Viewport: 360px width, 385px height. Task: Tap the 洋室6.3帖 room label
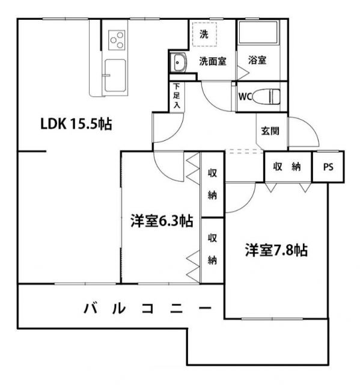coord(162,221)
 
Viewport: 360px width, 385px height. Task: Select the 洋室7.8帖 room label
coord(276,250)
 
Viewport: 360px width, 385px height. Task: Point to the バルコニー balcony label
coord(147,309)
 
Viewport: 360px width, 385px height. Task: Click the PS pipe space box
coord(328,167)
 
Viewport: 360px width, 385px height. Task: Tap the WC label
coord(245,96)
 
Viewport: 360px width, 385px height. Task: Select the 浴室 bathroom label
coord(257,60)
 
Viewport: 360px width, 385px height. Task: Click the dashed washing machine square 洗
coord(204,34)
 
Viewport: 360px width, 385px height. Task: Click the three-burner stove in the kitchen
coord(117,40)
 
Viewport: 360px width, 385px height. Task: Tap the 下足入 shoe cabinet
coord(176,96)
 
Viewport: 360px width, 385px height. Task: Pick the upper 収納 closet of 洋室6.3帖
coord(212,184)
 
